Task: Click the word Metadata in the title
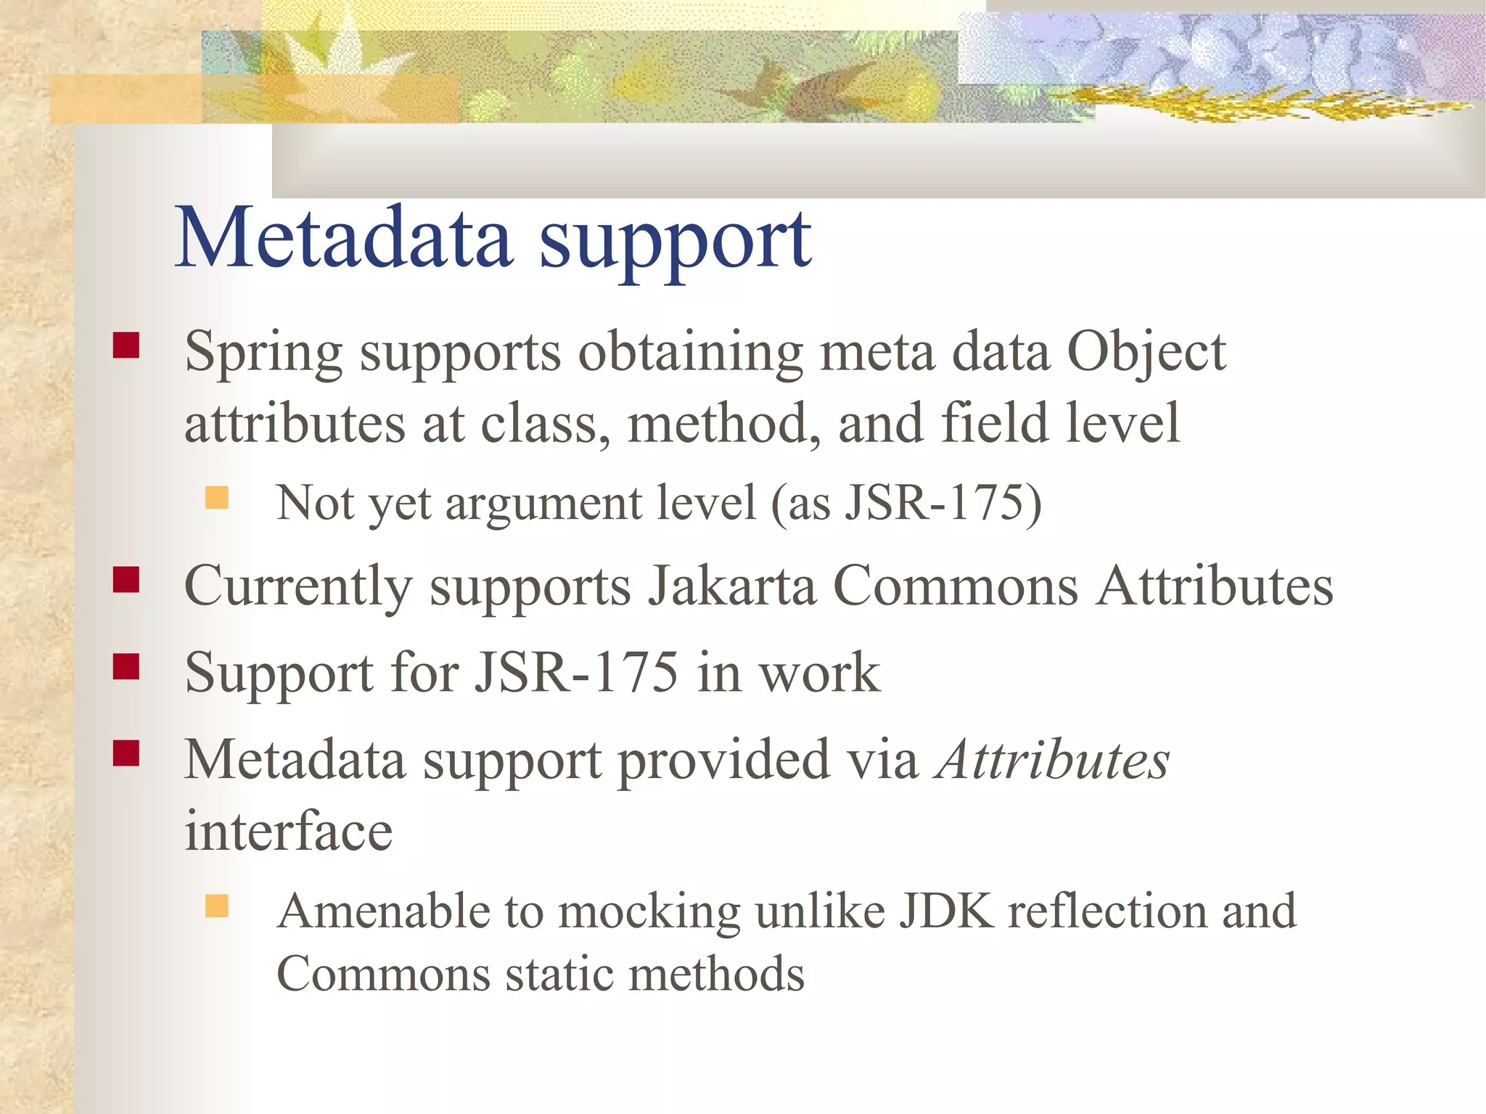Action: (x=344, y=238)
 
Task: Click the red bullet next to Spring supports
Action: (x=126, y=345)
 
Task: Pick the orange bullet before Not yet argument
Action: (x=216, y=498)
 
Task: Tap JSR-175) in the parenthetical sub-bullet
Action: (x=943, y=502)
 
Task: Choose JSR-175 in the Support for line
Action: (x=577, y=673)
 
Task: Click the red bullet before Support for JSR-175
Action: (x=126, y=666)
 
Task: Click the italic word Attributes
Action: (x=1053, y=761)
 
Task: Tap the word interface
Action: (x=288, y=832)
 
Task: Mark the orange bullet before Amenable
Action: (x=216, y=906)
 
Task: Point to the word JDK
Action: (x=946, y=911)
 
